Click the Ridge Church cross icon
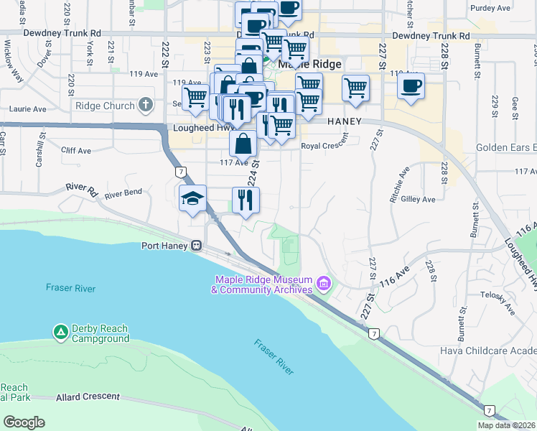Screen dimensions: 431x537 [x=146, y=106]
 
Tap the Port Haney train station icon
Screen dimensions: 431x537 [x=195, y=245]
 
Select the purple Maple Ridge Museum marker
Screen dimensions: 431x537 [x=323, y=284]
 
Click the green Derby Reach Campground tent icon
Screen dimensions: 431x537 [x=61, y=332]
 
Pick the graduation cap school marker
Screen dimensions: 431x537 [x=192, y=198]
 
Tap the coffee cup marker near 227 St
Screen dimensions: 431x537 [x=411, y=86]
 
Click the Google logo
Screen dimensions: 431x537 [x=24, y=422]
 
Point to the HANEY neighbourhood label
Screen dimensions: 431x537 [x=344, y=122]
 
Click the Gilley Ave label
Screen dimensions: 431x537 [x=419, y=199]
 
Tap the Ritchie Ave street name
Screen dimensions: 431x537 [x=400, y=183]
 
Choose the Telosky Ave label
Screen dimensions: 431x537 [x=498, y=302]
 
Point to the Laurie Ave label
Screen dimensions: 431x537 [x=27, y=110]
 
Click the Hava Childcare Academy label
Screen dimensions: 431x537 [x=488, y=351]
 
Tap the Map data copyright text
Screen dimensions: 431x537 [x=507, y=425]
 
